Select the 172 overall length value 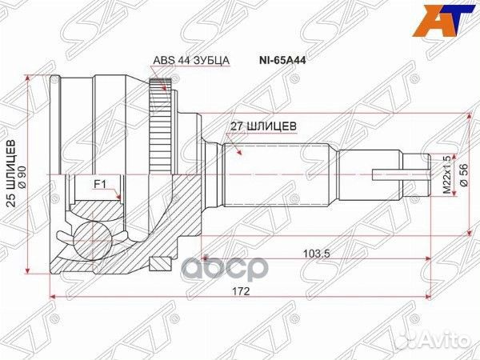pyautogui.click(x=241, y=291)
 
